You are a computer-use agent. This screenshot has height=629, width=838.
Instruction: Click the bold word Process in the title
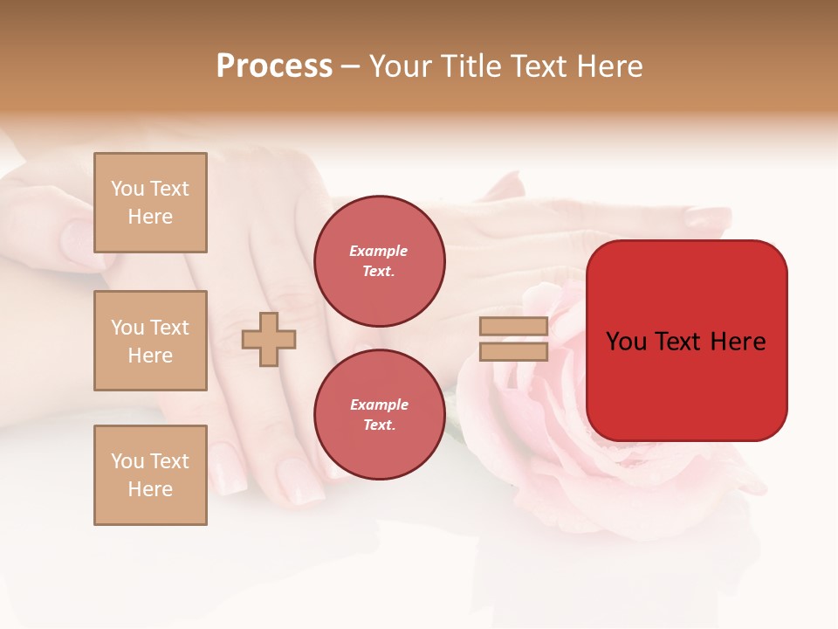(274, 66)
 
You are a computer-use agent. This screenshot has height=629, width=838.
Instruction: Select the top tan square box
(150, 203)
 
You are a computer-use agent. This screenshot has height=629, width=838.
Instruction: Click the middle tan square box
(150, 341)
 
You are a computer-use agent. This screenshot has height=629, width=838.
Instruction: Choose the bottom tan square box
(150, 475)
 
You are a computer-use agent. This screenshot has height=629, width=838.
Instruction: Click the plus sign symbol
(269, 339)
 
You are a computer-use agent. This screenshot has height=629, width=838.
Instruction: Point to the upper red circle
(379, 261)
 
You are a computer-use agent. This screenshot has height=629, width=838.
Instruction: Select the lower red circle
(379, 414)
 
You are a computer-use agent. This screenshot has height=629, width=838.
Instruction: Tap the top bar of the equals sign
(513, 327)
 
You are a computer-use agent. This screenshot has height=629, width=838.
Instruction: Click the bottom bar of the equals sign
(513, 351)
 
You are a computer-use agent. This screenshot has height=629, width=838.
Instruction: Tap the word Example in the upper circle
(379, 251)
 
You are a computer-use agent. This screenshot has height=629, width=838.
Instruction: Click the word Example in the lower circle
(379, 404)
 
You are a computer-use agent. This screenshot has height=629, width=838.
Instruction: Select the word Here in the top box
(150, 217)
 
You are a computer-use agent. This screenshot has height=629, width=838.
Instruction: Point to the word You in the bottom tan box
(127, 461)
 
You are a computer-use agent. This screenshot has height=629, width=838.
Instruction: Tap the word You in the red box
(626, 342)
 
